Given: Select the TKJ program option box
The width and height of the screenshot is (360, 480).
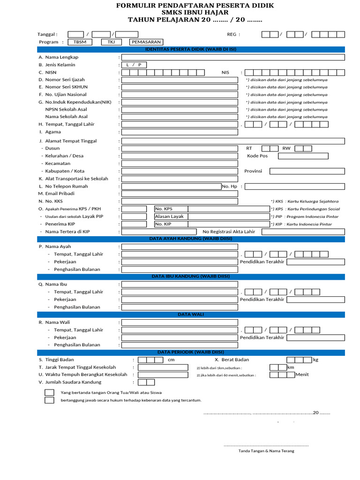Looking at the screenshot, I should (111, 42).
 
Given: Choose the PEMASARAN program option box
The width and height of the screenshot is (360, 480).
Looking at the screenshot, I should (146, 42).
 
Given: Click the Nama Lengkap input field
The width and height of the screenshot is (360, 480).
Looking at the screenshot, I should (233, 57).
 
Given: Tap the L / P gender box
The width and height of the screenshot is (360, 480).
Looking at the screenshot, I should (134, 65).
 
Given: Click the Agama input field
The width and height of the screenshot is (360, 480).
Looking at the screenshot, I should (180, 132).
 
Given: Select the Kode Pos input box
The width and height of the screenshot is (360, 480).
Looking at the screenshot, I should (311, 156).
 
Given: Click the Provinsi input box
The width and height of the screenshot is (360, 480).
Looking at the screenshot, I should (307, 171).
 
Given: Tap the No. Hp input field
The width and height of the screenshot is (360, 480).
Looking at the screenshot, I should (294, 186).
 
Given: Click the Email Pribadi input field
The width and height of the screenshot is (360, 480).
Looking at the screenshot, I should (180, 194).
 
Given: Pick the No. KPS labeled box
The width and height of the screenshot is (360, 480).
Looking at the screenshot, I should (212, 209).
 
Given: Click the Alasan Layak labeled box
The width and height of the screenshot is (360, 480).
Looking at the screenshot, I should (212, 217).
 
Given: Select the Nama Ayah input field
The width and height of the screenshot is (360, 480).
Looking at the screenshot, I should (233, 246).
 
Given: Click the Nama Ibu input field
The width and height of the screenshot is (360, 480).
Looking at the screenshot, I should (233, 284).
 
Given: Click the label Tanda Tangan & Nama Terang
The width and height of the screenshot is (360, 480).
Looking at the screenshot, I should (266, 451).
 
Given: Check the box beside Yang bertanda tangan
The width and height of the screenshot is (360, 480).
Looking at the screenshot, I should (49, 392).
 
